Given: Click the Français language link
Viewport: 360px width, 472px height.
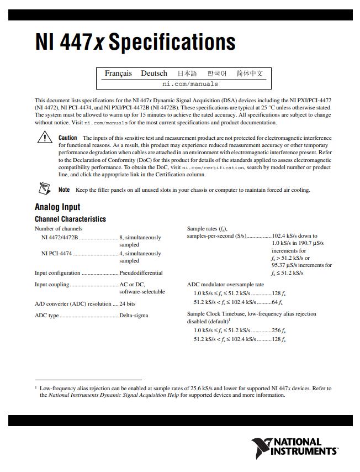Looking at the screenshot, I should point(118,74).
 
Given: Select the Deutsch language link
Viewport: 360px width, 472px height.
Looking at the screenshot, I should point(153,74).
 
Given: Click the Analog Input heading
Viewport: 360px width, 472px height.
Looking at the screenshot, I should point(57,208).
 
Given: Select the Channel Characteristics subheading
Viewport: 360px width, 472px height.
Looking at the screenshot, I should point(70,219).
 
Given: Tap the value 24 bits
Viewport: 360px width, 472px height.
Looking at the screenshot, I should point(128,304).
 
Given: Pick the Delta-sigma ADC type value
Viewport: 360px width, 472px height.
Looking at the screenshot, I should point(134,316).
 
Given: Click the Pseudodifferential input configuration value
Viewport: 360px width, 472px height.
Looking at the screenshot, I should point(141,273).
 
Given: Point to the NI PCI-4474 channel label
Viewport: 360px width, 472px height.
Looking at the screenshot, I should point(56,254).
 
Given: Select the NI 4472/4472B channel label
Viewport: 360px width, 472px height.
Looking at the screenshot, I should point(60,238).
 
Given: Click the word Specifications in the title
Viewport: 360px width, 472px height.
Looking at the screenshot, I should point(172,43).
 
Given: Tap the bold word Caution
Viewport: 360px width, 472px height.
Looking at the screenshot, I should point(67,138).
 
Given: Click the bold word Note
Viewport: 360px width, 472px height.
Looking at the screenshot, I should point(64,190).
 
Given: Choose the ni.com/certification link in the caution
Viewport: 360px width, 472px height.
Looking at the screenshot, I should point(213,167).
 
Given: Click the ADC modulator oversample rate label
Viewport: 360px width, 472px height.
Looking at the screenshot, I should point(225,285).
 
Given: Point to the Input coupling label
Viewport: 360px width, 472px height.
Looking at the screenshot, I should point(52,285).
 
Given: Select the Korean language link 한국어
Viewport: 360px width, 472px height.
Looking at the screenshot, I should point(217,74).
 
